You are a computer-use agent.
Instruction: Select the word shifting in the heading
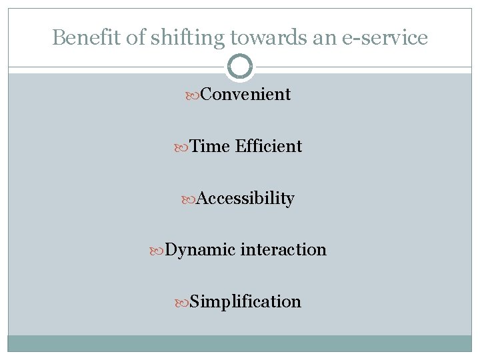(x=167, y=39)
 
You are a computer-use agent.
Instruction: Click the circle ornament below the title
(x=240, y=67)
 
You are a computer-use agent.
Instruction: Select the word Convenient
(x=245, y=95)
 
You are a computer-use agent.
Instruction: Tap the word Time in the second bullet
(x=209, y=146)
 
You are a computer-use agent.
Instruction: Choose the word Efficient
(x=268, y=146)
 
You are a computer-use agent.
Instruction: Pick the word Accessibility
(x=245, y=198)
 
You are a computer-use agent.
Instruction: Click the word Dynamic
(x=200, y=250)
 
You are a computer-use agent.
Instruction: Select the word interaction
(x=283, y=250)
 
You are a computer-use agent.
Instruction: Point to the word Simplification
(x=245, y=301)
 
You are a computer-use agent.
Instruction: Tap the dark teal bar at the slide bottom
(x=240, y=343)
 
